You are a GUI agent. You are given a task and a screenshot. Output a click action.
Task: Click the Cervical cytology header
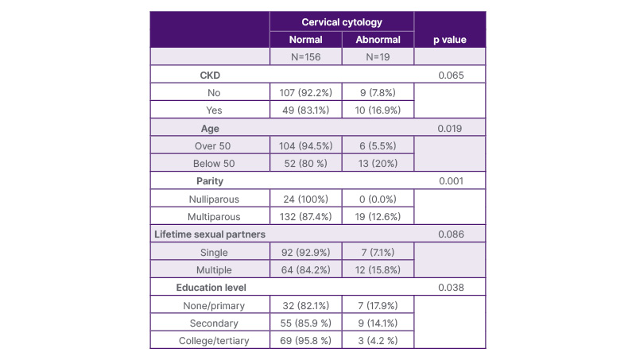click(x=342, y=22)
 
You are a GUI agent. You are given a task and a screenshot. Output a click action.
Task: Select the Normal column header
click(x=306, y=40)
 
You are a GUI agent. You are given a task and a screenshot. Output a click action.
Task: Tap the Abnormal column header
click(x=378, y=40)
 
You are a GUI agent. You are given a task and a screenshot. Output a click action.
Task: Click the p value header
click(x=450, y=40)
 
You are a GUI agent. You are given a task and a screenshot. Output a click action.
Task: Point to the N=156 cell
click(x=306, y=57)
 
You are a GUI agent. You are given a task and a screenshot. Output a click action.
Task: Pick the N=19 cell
click(x=378, y=57)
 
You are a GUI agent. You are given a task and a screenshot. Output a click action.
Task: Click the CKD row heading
click(x=210, y=75)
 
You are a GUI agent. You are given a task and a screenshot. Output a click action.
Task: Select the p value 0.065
click(x=451, y=75)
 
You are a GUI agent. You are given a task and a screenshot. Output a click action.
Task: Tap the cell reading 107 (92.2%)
click(x=306, y=93)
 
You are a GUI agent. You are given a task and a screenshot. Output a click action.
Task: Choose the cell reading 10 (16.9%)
click(x=378, y=110)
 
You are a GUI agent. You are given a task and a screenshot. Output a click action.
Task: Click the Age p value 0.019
click(x=450, y=129)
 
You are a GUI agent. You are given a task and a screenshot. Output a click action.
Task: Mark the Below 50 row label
click(x=214, y=164)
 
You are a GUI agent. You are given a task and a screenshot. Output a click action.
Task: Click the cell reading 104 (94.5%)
click(x=306, y=146)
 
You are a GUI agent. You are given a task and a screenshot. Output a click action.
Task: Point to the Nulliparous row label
click(x=214, y=199)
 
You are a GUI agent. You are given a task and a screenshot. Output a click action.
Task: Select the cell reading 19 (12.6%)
click(x=378, y=217)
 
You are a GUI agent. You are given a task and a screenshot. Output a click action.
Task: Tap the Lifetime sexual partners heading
click(x=210, y=234)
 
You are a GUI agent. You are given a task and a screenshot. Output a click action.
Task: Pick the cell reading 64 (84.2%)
click(x=306, y=270)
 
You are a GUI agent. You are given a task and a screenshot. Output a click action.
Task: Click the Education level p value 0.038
click(x=451, y=288)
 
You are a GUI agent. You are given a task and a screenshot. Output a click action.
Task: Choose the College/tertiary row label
click(x=214, y=341)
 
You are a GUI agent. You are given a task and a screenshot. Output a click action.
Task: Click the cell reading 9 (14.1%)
click(x=378, y=323)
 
